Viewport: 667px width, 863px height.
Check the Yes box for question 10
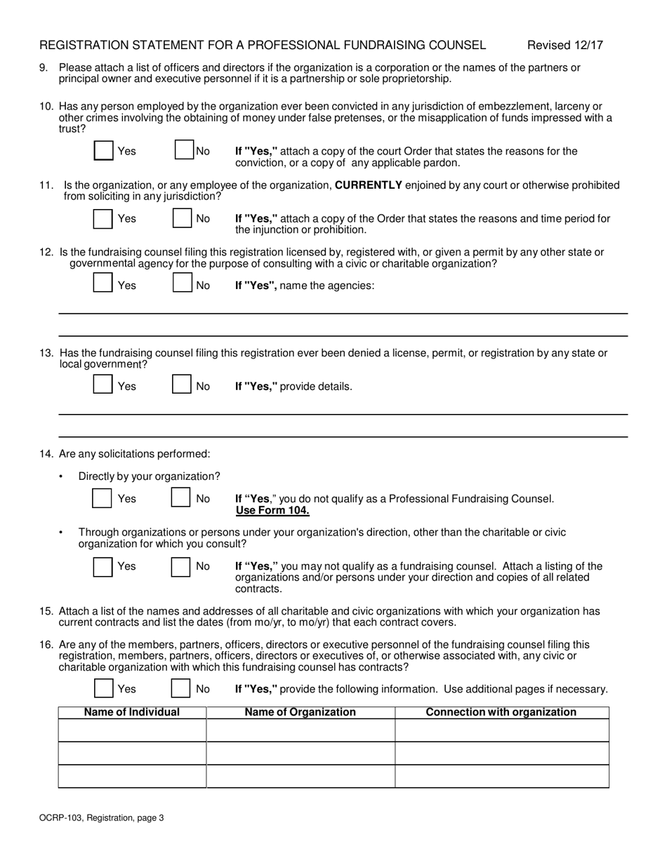[x=103, y=151]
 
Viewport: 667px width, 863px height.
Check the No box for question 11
[x=182, y=218]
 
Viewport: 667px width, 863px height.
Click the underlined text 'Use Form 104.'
[x=272, y=510]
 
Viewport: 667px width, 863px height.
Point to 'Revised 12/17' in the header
[x=564, y=46]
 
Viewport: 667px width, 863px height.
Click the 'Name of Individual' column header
[x=132, y=712]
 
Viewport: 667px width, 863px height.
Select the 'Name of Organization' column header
[x=300, y=712]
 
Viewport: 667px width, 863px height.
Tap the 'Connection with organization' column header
[x=501, y=712]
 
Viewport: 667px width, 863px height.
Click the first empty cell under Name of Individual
[x=132, y=730]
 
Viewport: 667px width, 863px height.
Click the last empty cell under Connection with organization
[x=501, y=776]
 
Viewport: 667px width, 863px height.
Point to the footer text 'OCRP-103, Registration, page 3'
[x=102, y=817]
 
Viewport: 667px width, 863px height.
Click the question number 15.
[x=46, y=611]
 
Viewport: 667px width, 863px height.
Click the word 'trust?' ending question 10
[x=72, y=129]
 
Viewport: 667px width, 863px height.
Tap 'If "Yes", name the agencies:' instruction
[x=304, y=286]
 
